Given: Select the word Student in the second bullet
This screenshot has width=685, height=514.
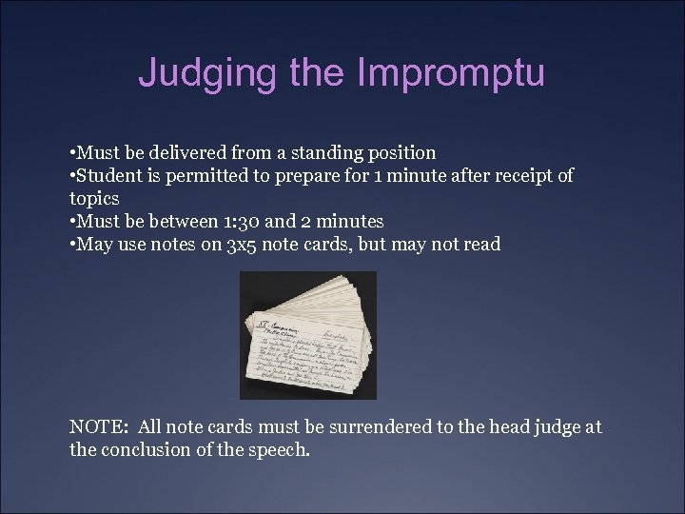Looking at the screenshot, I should point(110,176).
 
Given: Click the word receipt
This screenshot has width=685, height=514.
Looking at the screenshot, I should point(516,176).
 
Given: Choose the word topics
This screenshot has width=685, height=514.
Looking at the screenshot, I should point(94,199).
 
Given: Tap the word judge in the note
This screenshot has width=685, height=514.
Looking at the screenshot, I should point(554,427).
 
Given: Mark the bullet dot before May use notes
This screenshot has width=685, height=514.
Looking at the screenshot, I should point(73,245).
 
